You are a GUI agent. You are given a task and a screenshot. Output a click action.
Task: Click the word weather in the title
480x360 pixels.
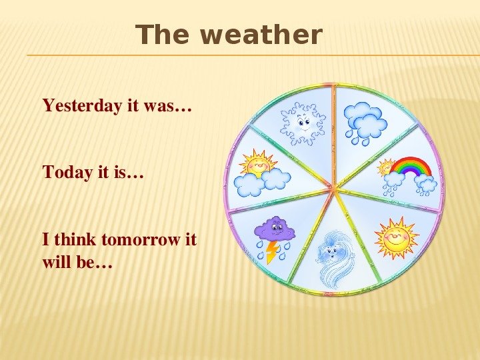coord(261,34)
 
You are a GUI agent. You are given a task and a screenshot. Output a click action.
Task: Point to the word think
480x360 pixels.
coord(75,239)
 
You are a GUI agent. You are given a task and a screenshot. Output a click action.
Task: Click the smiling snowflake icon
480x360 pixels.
coord(303,123)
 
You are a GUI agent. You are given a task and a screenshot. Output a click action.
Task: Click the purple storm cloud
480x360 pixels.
coord(275,229)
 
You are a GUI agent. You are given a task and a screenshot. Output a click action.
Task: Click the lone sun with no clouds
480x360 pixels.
coord(397,237)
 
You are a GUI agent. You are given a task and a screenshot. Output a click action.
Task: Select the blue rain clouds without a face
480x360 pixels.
coord(365,123)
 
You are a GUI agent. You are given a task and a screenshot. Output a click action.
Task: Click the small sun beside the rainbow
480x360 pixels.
coord(385,167)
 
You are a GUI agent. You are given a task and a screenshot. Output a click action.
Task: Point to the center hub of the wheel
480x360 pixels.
coord(334,187)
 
